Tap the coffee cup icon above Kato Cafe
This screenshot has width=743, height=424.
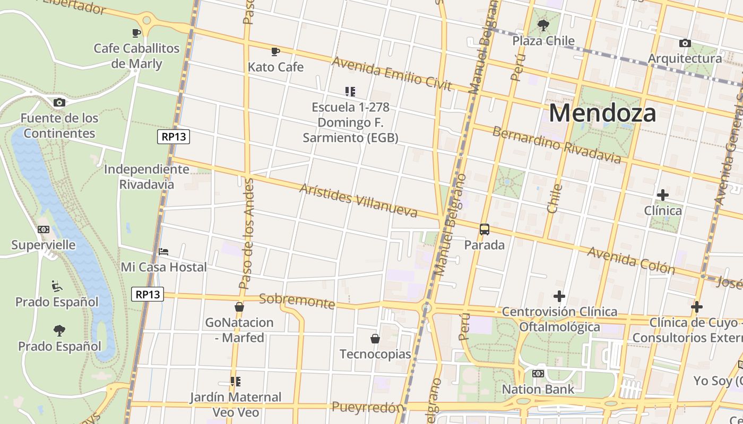pos(275,51)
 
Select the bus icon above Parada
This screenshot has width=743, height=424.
pos(484,229)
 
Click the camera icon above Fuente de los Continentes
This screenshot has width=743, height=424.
pos(59,102)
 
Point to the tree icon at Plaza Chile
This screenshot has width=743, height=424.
pos(543,25)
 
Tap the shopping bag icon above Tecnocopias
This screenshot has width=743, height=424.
pos(375,338)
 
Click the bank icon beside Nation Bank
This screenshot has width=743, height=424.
pos(538,374)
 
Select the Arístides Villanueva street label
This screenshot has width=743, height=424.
pos(358,201)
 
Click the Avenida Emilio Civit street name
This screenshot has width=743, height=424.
pos(392,73)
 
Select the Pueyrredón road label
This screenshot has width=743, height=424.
pos(367,408)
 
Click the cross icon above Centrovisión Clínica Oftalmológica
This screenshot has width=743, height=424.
pos(559,296)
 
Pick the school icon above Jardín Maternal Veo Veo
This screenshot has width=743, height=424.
pos(236,381)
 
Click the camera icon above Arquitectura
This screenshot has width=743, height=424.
pos(685,43)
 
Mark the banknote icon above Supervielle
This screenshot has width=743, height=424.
pos(44,229)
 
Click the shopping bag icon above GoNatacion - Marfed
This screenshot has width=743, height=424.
pos(239,307)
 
